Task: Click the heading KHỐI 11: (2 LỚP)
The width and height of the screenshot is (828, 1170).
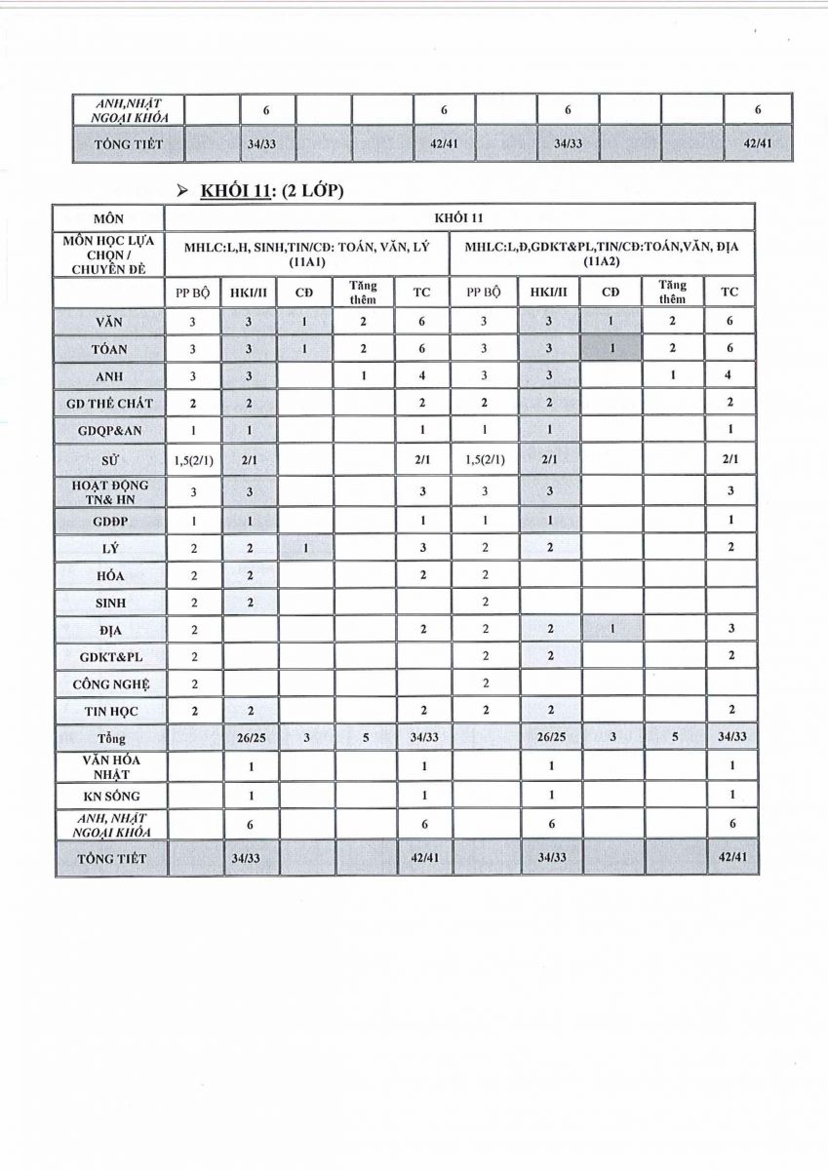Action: (272, 190)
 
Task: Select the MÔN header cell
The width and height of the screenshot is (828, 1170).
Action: (109, 217)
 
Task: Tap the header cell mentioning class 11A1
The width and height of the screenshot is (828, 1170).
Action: (307, 253)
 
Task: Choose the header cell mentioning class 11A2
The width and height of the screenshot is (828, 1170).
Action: (602, 253)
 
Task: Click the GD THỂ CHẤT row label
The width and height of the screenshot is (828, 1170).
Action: (109, 403)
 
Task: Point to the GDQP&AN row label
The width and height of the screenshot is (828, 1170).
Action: (109, 429)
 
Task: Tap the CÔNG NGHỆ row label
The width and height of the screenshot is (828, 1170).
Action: (109, 684)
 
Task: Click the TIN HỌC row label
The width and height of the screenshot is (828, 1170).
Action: (109, 711)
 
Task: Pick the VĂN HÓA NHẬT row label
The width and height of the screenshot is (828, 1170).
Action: (109, 767)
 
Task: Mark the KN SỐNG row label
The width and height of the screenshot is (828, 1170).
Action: (109, 796)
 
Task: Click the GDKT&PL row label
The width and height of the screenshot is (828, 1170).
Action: (109, 657)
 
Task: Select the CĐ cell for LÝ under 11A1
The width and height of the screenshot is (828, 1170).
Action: (306, 549)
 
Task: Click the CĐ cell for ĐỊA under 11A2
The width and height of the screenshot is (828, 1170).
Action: (611, 630)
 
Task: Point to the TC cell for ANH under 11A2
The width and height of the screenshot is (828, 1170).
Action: (729, 375)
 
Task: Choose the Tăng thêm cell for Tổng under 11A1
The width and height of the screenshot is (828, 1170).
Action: (365, 738)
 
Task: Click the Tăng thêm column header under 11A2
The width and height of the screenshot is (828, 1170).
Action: (671, 292)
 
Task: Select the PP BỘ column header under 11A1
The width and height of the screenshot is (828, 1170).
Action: (193, 292)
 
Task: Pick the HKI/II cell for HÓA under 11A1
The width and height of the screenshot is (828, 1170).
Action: (249, 576)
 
